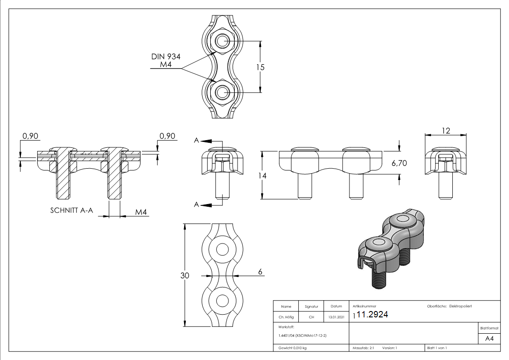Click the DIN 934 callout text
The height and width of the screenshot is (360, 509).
pos(166,57)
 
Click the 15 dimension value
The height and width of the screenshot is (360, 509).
pos(260,67)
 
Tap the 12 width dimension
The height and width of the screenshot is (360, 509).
pos(446,131)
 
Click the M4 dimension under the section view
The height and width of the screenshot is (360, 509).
pos(142,212)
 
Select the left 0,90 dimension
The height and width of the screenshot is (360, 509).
pos(31,136)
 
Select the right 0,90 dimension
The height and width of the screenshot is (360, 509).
pos(168,136)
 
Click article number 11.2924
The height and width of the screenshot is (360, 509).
pos(372,315)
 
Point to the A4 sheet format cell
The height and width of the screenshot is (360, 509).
pos(489,339)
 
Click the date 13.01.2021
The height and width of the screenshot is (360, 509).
pos(336,317)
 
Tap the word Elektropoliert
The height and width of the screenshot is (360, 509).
pos(461,306)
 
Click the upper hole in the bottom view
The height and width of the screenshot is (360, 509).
pos(223,250)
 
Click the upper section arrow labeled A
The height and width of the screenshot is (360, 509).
pos(207,141)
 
